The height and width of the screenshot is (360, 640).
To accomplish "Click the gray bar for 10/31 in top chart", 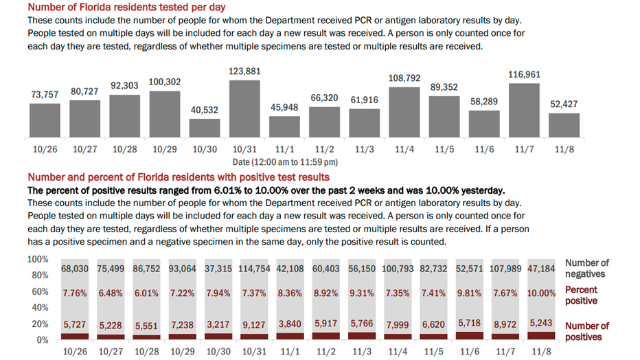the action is tap(244, 109).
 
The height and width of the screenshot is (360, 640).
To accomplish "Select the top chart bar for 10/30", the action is tap(205, 128).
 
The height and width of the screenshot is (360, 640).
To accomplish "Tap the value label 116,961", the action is tap(524, 75).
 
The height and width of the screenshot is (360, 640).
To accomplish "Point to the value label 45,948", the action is tap(284, 107).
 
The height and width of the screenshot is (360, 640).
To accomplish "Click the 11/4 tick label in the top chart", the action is tap(404, 149).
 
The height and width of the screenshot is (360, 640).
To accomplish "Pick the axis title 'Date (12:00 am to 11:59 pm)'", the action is tap(285, 162).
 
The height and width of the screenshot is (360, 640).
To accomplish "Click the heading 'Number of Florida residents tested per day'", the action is tap(126, 7).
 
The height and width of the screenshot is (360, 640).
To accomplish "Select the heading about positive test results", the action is tap(179, 177).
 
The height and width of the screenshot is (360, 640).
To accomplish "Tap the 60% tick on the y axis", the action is tap(40, 291).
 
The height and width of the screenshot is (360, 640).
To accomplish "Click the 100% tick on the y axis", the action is tap(38, 259).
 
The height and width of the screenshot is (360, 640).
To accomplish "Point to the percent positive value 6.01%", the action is tap(146, 293).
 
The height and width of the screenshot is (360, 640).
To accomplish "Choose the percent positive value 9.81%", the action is tap(470, 293).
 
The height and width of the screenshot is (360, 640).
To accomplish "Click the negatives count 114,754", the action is tap(254, 269).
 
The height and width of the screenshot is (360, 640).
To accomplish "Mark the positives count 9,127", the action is tap(254, 325).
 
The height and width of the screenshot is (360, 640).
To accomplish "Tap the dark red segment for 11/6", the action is tap(470, 335).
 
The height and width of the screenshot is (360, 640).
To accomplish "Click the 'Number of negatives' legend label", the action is tap(586, 268).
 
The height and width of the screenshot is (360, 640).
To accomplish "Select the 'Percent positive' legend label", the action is tap(581, 295).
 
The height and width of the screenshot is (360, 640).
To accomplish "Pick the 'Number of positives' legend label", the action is tap(586, 331).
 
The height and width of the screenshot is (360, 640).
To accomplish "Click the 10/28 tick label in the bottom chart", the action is tap(146, 352).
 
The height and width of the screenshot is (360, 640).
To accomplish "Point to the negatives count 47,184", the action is tap(541, 269).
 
